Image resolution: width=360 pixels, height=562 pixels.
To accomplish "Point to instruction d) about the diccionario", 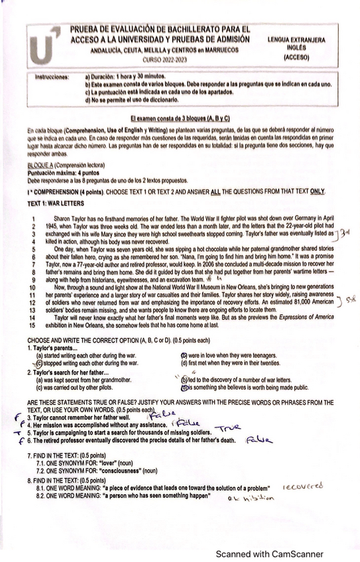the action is [x=133, y=99].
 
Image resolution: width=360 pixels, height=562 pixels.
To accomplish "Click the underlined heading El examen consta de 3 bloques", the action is [x=180, y=117].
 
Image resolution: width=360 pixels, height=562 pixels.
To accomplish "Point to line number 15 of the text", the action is [x=31, y=326].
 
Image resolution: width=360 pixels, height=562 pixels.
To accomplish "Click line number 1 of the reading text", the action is [x=32, y=218].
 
